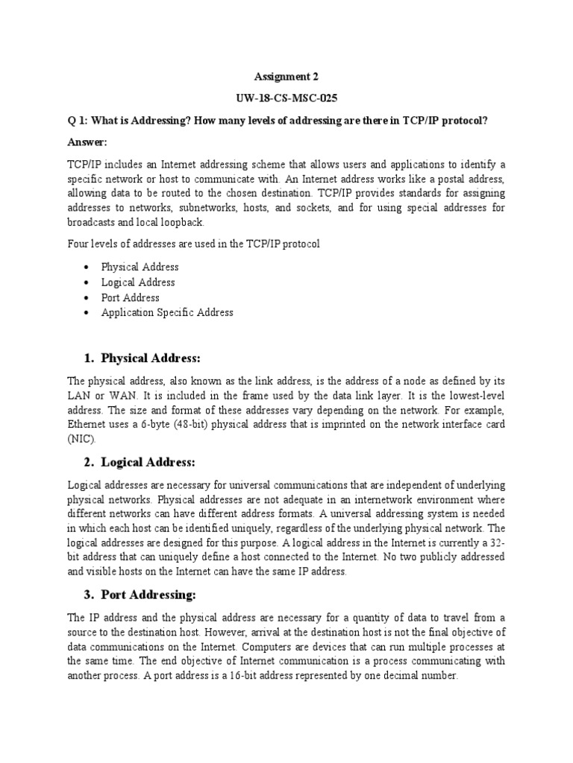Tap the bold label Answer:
pyautogui.click(x=87, y=142)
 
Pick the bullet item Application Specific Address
pyautogui.click(x=167, y=313)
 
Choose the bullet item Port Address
pyautogui.click(x=131, y=297)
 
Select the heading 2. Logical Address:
pyautogui.click(x=138, y=462)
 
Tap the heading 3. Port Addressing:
pyautogui.click(x=138, y=595)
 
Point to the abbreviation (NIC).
pyautogui.click(x=82, y=440)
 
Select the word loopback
pyautogui.click(x=181, y=223)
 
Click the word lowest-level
pyautogui.click(x=474, y=396)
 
